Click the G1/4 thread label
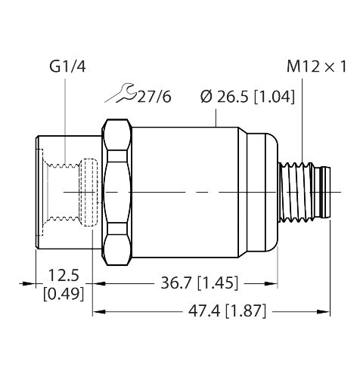point(67,66)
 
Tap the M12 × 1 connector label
point(317,66)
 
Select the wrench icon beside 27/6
point(121,93)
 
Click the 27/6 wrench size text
point(154,97)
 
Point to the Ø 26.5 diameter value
point(225,97)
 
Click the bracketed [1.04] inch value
point(274,97)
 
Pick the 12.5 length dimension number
point(64,275)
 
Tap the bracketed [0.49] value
point(64,294)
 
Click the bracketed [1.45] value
point(217,283)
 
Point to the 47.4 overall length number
point(204,311)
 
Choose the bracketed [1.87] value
point(246,311)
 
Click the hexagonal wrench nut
point(117,192)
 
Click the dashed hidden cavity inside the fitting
point(88,193)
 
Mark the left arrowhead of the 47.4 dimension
point(99,312)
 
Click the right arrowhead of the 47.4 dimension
point(324,312)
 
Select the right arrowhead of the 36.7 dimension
point(272,284)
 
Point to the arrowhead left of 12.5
point(29,283)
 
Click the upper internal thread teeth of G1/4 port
point(64,165)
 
